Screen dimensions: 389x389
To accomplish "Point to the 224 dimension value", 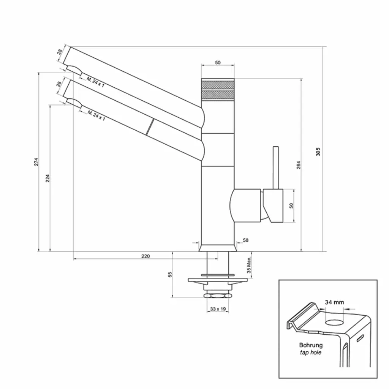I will click(x=47, y=178).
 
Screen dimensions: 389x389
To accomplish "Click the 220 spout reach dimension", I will click(x=145, y=256).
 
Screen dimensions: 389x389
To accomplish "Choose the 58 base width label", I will click(x=245, y=240).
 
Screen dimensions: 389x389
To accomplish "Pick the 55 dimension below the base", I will click(x=170, y=274).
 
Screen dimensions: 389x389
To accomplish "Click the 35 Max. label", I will click(x=249, y=265).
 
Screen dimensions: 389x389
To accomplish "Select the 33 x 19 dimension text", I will click(x=218, y=309).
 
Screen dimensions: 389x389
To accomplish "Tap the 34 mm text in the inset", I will click(x=334, y=302).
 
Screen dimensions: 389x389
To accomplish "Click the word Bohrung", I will click(x=311, y=345).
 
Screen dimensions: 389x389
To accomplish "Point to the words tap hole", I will click(x=311, y=353).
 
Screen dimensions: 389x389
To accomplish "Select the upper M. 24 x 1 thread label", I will click(x=95, y=82).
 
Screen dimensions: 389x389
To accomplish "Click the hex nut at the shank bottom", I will click(x=217, y=295).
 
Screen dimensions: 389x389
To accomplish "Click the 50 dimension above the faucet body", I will click(x=218, y=63).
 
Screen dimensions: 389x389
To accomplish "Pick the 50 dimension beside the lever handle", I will click(x=291, y=206).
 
